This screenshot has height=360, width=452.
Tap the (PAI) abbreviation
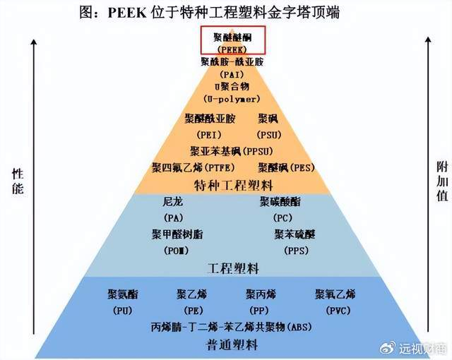point(232,73)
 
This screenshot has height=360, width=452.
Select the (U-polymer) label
point(232,99)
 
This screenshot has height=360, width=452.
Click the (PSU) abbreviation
point(268,135)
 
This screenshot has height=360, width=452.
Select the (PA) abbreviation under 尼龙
point(173,217)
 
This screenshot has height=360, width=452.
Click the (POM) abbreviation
point(176,250)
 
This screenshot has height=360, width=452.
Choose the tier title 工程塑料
point(233,269)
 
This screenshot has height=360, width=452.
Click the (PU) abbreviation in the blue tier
point(121,310)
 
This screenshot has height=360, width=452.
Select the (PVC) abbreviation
point(335,310)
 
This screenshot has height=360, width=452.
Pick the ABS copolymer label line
point(232,327)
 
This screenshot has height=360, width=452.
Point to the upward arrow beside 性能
point(33,106)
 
